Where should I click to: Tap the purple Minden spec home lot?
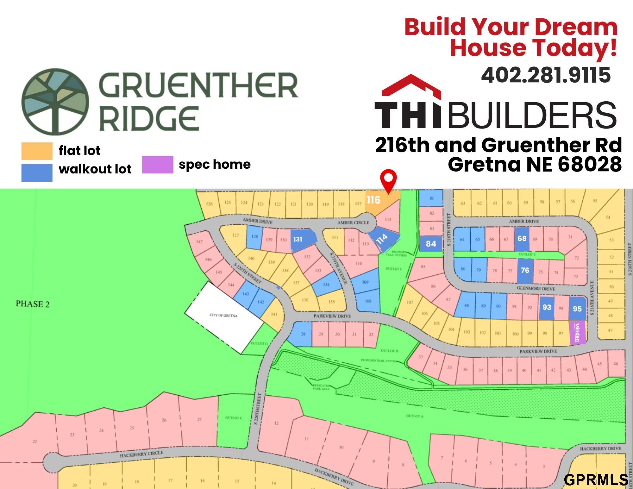[x=578, y=332]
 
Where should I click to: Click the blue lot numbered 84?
[x=431, y=244]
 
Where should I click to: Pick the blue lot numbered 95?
[x=577, y=309]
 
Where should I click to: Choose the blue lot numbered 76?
[x=525, y=270]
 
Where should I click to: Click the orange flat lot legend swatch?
[x=37, y=151]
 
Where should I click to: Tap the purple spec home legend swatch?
[x=158, y=165]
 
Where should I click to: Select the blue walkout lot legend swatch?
[x=37, y=173]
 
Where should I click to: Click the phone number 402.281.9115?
[x=546, y=75]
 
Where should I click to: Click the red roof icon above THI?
[x=411, y=85]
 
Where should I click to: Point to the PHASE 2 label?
[x=33, y=304]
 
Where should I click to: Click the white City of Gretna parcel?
[x=223, y=317]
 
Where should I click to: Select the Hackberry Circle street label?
[x=141, y=455]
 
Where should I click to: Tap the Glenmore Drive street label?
[x=536, y=289]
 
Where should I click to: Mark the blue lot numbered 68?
[x=522, y=239]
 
